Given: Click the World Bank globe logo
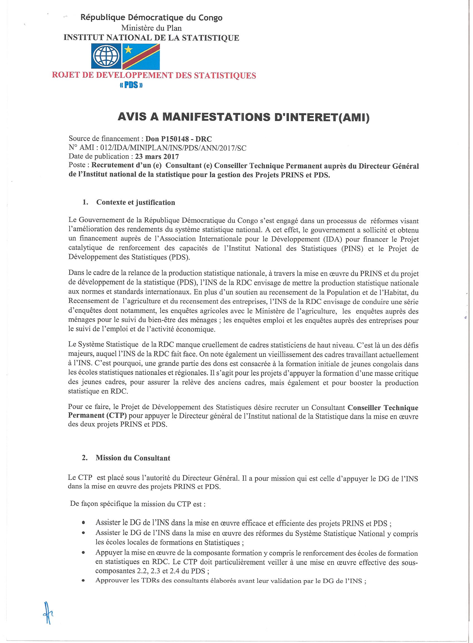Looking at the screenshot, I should [x=106, y=56].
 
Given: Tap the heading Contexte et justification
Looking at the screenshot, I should [x=136, y=202].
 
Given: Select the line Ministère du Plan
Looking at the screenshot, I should [x=151, y=28].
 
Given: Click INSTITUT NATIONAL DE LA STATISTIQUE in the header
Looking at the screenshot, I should [x=151, y=38].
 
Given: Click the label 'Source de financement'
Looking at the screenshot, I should [x=104, y=139].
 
